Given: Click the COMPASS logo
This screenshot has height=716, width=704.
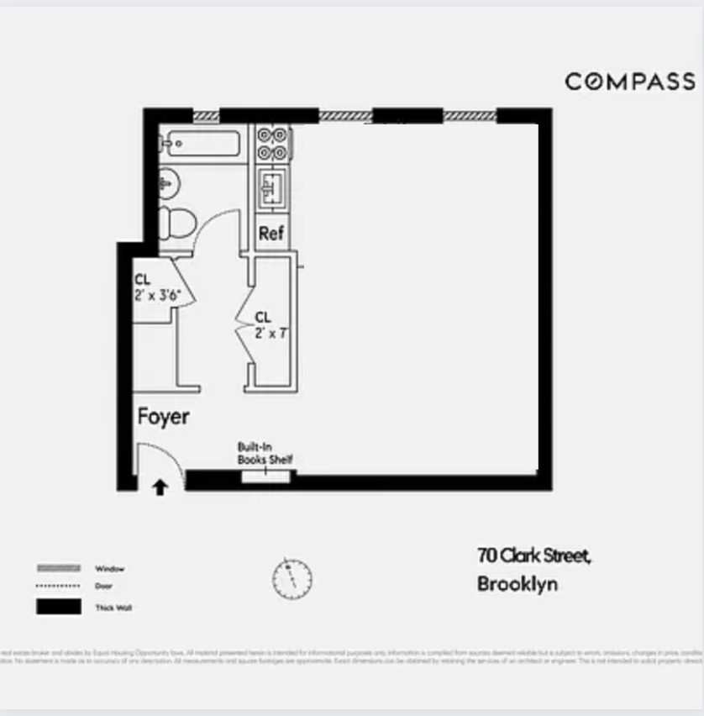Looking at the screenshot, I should pyautogui.click(x=629, y=82).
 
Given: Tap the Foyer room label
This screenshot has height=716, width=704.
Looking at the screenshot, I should pyautogui.click(x=163, y=416).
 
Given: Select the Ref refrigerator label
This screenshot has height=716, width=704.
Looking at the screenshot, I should pyautogui.click(x=271, y=234).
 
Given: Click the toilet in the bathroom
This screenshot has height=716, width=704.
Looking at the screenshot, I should pyautogui.click(x=177, y=221).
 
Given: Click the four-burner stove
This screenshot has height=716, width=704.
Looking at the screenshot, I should pyautogui.click(x=272, y=143).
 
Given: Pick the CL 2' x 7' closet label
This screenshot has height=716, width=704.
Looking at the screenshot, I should pyautogui.click(x=264, y=324).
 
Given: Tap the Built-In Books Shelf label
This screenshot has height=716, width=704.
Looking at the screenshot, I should pyautogui.click(x=265, y=454).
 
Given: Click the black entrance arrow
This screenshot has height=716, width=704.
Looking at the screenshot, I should pyautogui.click(x=159, y=487).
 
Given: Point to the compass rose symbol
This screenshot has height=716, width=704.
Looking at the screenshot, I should pyautogui.click(x=292, y=578).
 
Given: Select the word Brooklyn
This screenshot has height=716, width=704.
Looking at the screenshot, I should pyautogui.click(x=517, y=584).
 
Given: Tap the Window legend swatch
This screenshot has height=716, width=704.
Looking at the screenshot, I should pyautogui.click(x=58, y=568).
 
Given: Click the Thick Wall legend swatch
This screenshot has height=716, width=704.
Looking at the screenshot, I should pyautogui.click(x=58, y=606).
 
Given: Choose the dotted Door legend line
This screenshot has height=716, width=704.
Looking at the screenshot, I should pyautogui.click(x=58, y=586).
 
